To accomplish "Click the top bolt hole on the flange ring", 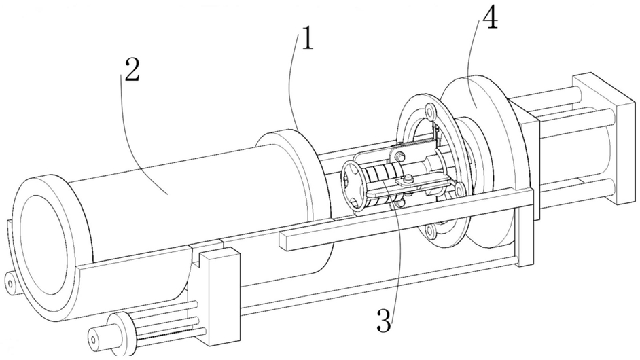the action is coord(429,110).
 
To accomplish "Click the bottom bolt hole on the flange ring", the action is coord(430,232).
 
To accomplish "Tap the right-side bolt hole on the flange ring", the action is coord(459,189).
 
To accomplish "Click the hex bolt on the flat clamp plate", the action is coord(408,179).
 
